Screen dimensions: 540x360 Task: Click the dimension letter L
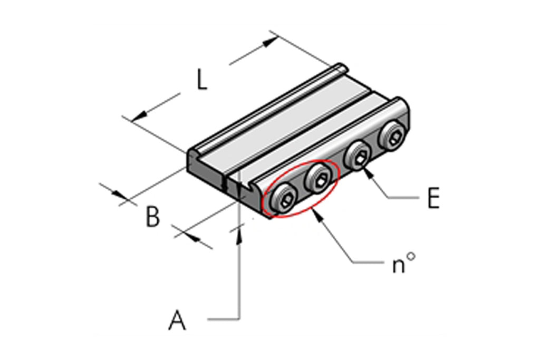(x=202, y=80)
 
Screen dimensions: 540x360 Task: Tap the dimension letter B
(x=153, y=217)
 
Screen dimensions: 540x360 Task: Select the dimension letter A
(x=177, y=320)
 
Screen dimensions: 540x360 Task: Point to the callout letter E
(x=433, y=198)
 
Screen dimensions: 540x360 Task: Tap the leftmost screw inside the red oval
(x=283, y=200)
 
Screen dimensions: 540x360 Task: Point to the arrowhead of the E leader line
(x=368, y=171)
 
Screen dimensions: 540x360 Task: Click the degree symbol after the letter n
(x=411, y=256)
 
